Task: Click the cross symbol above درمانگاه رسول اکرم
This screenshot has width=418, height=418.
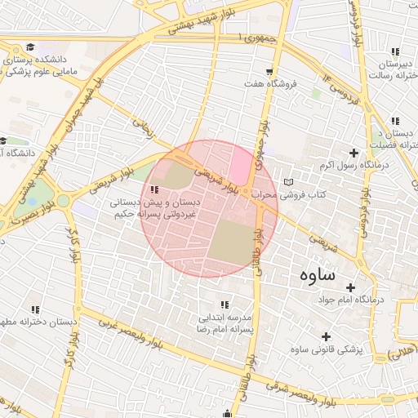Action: pos(354,153)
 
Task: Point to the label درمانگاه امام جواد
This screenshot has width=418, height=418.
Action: pos(376,300)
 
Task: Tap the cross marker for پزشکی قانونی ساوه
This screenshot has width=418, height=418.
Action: pos(327,336)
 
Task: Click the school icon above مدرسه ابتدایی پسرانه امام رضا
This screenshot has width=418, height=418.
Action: pos(225,305)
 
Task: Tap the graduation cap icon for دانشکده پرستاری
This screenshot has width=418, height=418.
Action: pos(30,47)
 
